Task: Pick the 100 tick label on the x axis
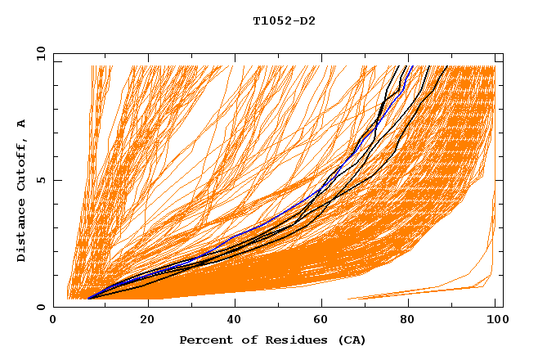495,320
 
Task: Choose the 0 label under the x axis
54,320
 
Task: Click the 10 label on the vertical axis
38,53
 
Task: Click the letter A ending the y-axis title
22,124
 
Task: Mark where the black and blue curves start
88,299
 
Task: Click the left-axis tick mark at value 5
56,180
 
